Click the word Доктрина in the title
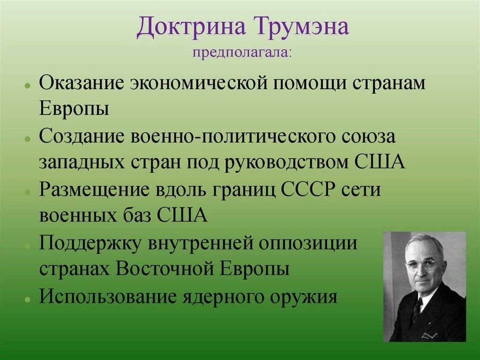(x=191, y=27)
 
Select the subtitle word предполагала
(x=241, y=53)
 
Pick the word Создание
(x=81, y=137)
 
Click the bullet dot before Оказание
(x=28, y=86)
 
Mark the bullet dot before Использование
(x=28, y=299)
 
